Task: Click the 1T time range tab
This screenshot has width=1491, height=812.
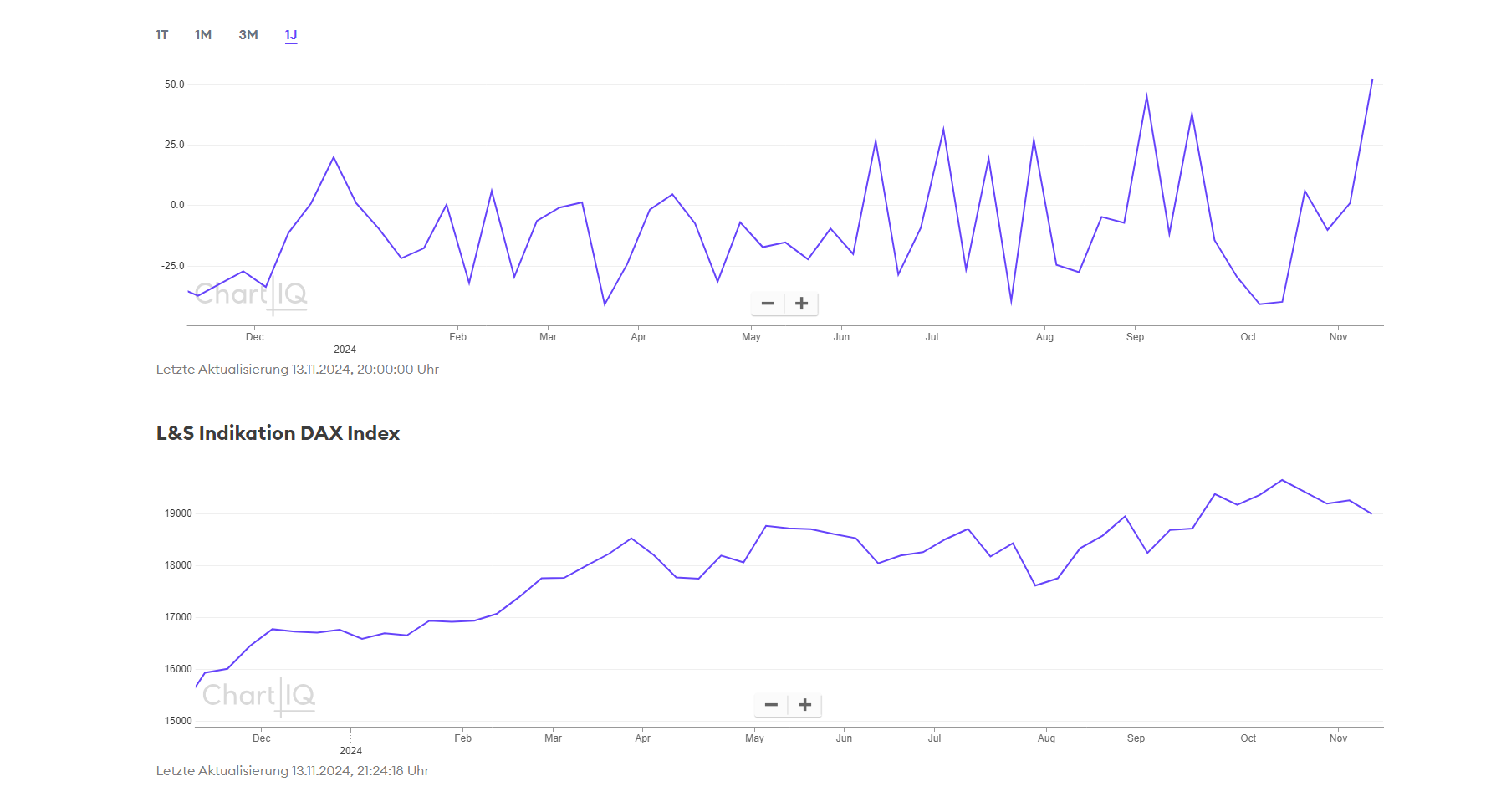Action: tap(162, 35)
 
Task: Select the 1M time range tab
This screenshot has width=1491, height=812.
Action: tap(203, 35)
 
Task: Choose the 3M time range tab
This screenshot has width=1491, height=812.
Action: tap(248, 35)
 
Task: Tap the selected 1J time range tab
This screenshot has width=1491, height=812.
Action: tap(291, 35)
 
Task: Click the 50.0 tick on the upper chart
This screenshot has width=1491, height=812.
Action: tap(174, 84)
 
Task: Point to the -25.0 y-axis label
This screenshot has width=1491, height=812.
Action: tap(173, 266)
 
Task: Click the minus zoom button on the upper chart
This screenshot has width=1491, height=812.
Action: tap(768, 304)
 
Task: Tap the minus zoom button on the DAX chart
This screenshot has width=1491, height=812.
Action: tap(771, 705)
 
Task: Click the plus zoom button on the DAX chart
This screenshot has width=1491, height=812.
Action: tap(804, 705)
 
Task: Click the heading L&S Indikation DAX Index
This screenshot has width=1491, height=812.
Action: tap(278, 433)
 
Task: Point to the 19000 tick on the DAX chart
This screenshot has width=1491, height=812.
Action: tap(178, 513)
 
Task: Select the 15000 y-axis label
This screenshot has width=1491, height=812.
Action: tap(178, 721)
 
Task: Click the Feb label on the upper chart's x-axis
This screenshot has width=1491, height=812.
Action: tap(457, 337)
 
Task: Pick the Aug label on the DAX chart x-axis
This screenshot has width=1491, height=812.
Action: tap(1046, 738)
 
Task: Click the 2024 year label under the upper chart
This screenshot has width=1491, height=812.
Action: tap(345, 350)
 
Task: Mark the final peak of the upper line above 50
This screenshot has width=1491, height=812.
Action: tap(1372, 79)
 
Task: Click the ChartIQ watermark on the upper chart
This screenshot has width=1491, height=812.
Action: tap(251, 295)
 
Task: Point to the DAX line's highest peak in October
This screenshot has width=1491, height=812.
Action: tap(1282, 480)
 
